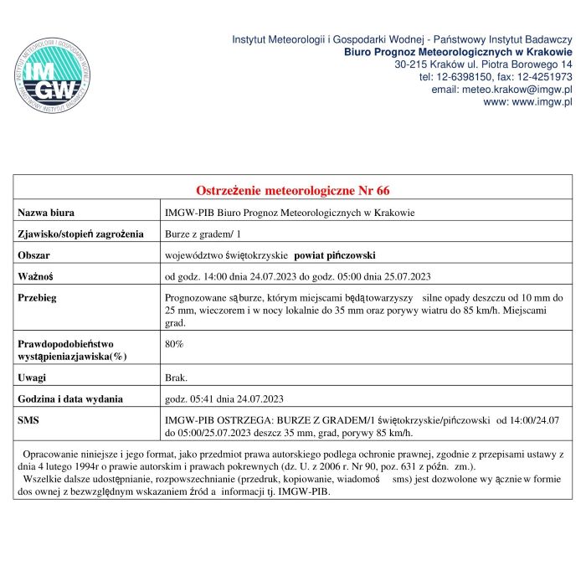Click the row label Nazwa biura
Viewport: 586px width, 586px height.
[46, 213]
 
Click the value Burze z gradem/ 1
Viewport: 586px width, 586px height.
[203, 234]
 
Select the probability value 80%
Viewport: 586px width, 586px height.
[174, 344]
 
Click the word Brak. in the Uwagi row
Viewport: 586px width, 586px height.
[176, 378]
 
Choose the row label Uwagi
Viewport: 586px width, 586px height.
[33, 378]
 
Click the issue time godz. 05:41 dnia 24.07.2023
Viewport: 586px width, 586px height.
[224, 398]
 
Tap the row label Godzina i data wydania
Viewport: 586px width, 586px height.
[70, 398]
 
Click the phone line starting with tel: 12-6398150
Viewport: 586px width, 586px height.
[496, 76]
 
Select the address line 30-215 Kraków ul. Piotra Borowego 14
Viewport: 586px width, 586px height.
[483, 64]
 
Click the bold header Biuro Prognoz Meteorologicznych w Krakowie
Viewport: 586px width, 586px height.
[459, 52]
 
